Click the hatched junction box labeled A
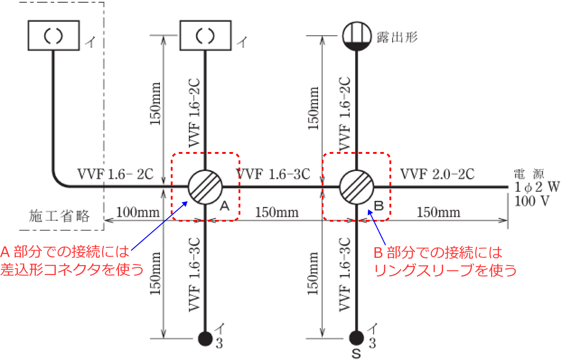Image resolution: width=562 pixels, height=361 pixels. pos(205,186)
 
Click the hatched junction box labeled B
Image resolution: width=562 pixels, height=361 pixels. pos(357,186)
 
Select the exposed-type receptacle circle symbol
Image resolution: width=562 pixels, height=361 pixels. pos(357,35)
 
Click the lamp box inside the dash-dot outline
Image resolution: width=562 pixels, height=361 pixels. pos(54,35)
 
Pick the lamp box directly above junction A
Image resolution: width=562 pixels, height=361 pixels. pos(206,35)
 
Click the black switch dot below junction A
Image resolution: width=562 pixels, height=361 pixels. pos(206,337)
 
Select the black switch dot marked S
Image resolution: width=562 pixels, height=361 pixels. pos(357,337)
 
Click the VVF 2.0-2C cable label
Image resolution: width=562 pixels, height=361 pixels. pos(437,174)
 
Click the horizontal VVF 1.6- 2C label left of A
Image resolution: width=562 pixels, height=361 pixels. pos(116,174)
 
